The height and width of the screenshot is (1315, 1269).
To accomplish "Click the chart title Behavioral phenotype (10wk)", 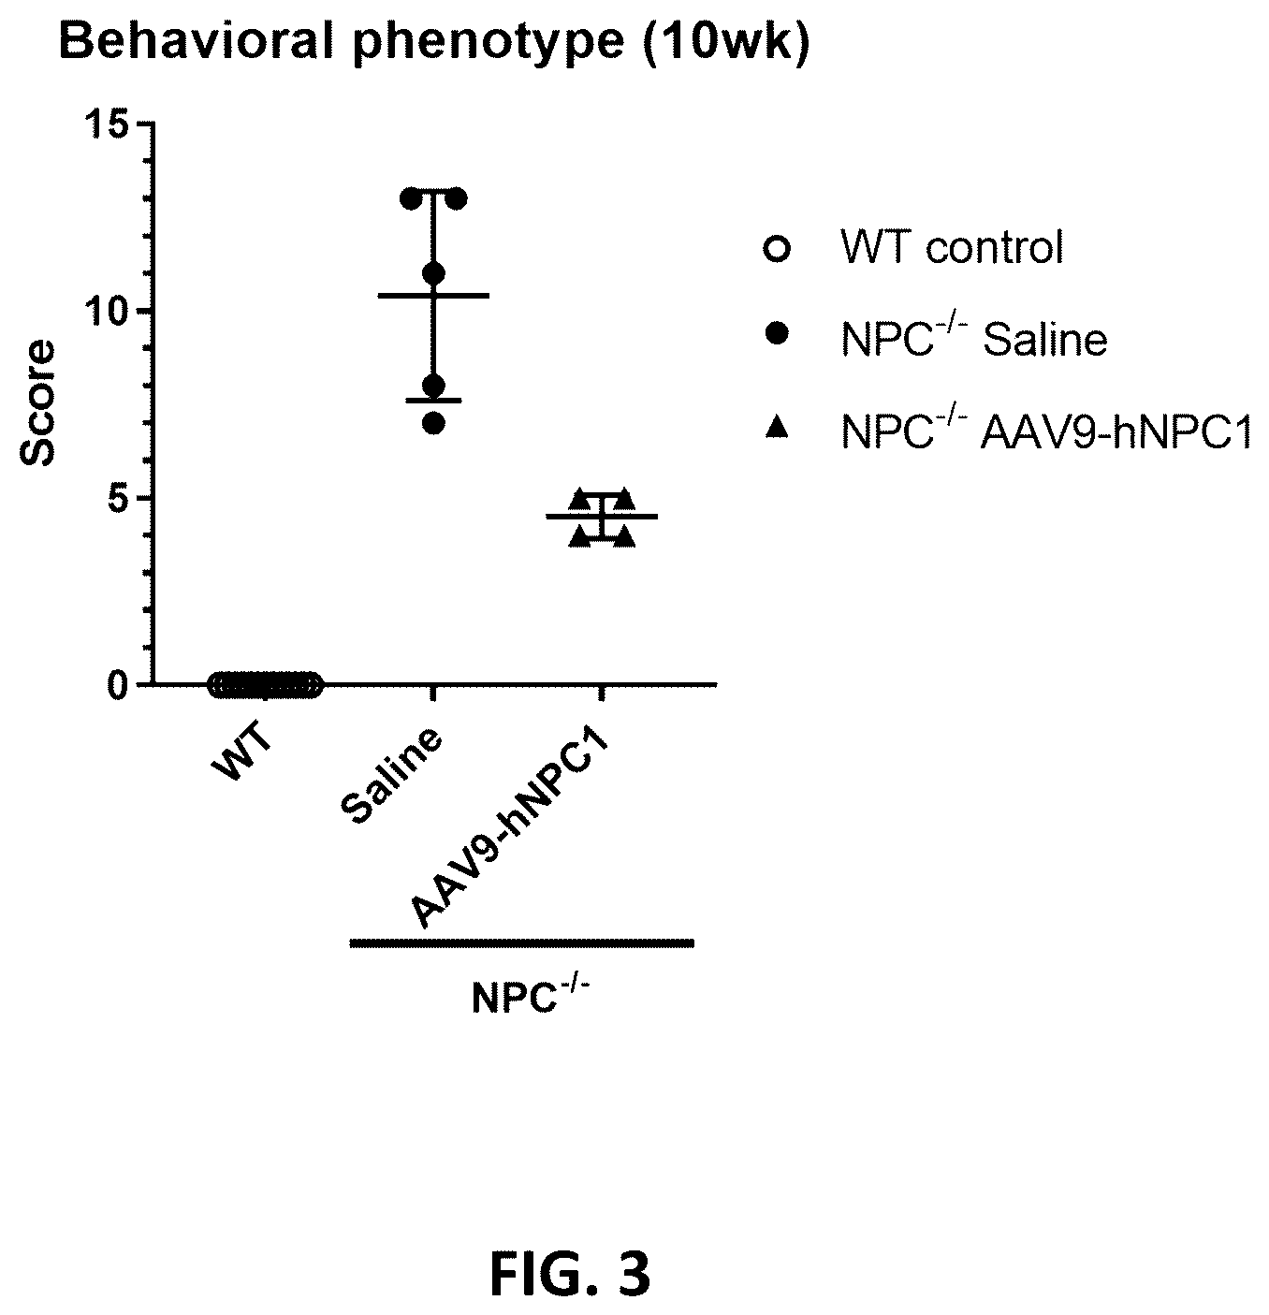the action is pyautogui.click(x=434, y=42).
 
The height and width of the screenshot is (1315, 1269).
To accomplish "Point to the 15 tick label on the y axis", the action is pyautogui.click(x=105, y=124).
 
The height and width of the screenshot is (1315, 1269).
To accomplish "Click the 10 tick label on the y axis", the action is pyautogui.click(x=105, y=311).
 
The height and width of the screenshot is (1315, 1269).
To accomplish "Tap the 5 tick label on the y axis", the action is pyautogui.click(x=118, y=498).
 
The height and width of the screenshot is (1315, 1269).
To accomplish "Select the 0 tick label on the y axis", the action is pyautogui.click(x=118, y=685).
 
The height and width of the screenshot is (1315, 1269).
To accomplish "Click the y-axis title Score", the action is pyautogui.click(x=37, y=403).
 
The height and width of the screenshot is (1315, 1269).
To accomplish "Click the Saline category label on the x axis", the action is pyautogui.click(x=392, y=776).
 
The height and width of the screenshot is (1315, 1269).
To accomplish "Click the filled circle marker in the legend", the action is pyautogui.click(x=777, y=333).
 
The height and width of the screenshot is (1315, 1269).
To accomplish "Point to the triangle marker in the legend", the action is pyautogui.click(x=777, y=427).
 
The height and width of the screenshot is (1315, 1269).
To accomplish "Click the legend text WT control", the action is pyautogui.click(x=952, y=247).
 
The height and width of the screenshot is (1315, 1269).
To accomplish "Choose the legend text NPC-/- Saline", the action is pyautogui.click(x=974, y=337).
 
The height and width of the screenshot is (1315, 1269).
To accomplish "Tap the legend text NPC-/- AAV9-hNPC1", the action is pyautogui.click(x=1046, y=430).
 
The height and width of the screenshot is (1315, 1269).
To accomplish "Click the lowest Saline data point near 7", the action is pyautogui.click(x=434, y=424).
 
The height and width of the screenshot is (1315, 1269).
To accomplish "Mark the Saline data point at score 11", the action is pyautogui.click(x=434, y=273).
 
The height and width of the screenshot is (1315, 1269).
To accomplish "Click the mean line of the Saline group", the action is pyautogui.click(x=433, y=296).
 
